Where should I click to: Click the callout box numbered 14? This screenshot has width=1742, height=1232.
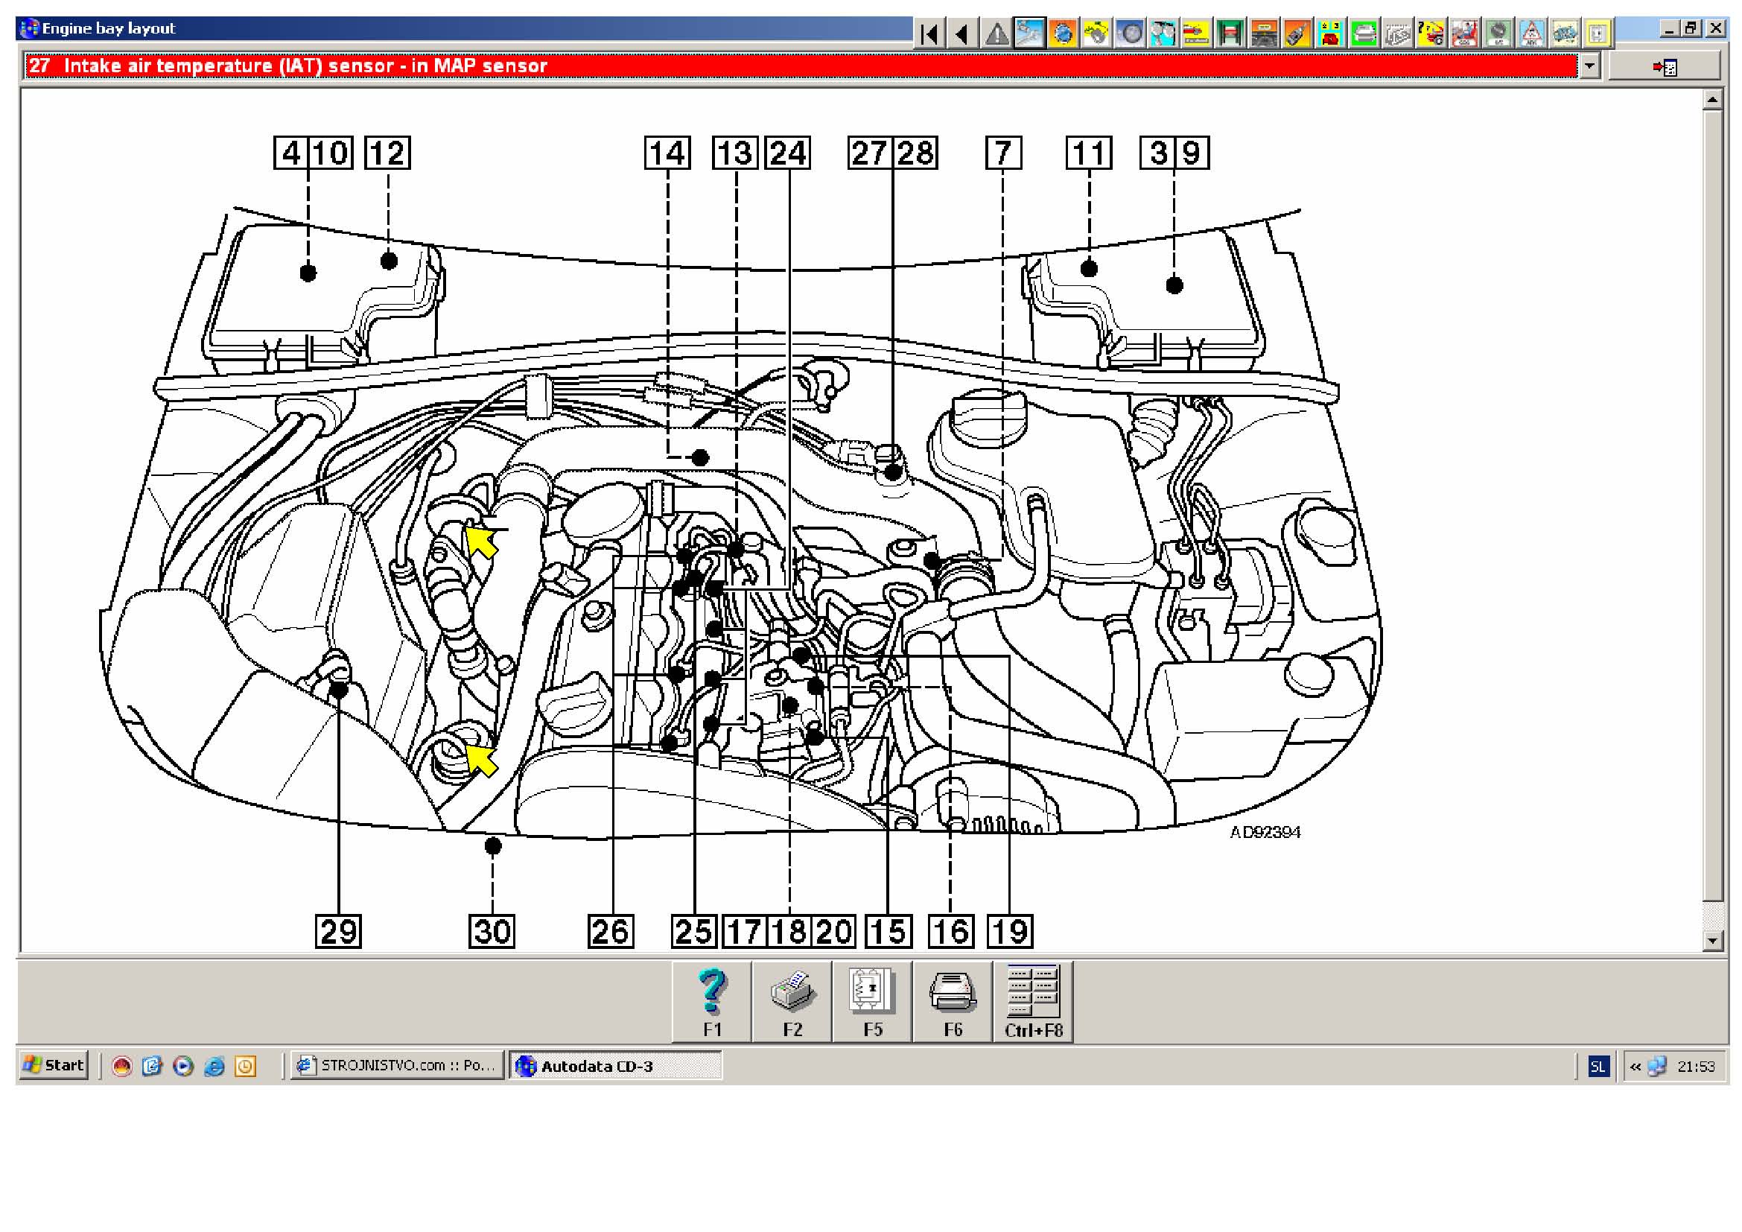pyautogui.click(x=667, y=153)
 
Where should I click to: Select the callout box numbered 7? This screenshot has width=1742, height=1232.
pyautogui.click(x=1003, y=153)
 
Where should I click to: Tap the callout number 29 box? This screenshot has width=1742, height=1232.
pyautogui.click(x=338, y=931)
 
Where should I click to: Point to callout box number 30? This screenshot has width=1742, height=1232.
pyautogui.click(x=492, y=931)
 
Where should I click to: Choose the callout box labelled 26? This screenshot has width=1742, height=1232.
pyautogui.click(x=611, y=931)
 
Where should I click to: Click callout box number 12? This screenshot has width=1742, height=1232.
pyautogui.click(x=388, y=153)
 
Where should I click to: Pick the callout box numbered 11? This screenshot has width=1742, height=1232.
pyautogui.click(x=1090, y=153)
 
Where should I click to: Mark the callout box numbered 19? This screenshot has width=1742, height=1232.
pyautogui.click(x=1010, y=931)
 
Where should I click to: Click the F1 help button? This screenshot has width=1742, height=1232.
pyautogui.click(x=712, y=1002)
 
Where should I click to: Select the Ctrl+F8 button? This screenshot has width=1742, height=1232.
pyautogui.click(x=1034, y=1002)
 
